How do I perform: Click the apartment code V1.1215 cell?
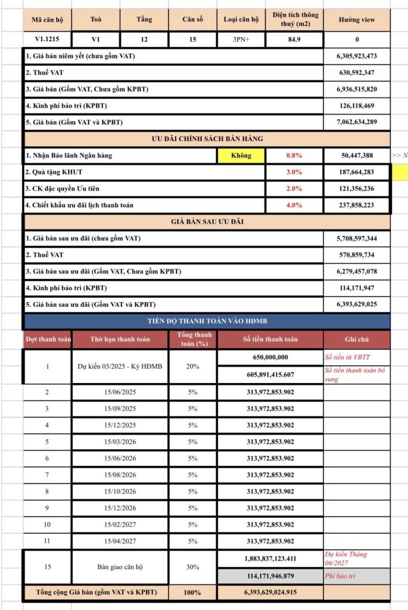pyautogui.click(x=48, y=40)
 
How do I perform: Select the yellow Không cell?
pyautogui.click(x=241, y=155)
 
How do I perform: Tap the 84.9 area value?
pyautogui.click(x=295, y=40)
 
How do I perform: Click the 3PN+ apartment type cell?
pyautogui.click(x=241, y=40)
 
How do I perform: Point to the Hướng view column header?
pyautogui.click(x=357, y=20)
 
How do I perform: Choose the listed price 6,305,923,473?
pyautogui.click(x=357, y=56)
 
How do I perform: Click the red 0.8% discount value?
pyautogui.click(x=294, y=155)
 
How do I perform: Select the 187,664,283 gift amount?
pyautogui.click(x=357, y=172)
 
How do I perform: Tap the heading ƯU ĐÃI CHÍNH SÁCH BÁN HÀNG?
pyautogui.click(x=207, y=139)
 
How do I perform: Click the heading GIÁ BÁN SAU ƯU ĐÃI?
pyautogui.click(x=207, y=222)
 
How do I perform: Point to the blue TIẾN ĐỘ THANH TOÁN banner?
pyautogui.click(x=207, y=322)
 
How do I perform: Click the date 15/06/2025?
pyautogui.click(x=120, y=392)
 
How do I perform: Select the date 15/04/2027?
pyautogui.click(x=120, y=541)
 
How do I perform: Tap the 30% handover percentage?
pyautogui.click(x=193, y=567)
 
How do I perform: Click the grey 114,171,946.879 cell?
pyautogui.click(x=270, y=576)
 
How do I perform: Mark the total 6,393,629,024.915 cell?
pyautogui.click(x=270, y=593)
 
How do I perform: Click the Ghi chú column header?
pyautogui.click(x=357, y=339)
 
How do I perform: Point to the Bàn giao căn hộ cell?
pyautogui.click(x=120, y=567)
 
